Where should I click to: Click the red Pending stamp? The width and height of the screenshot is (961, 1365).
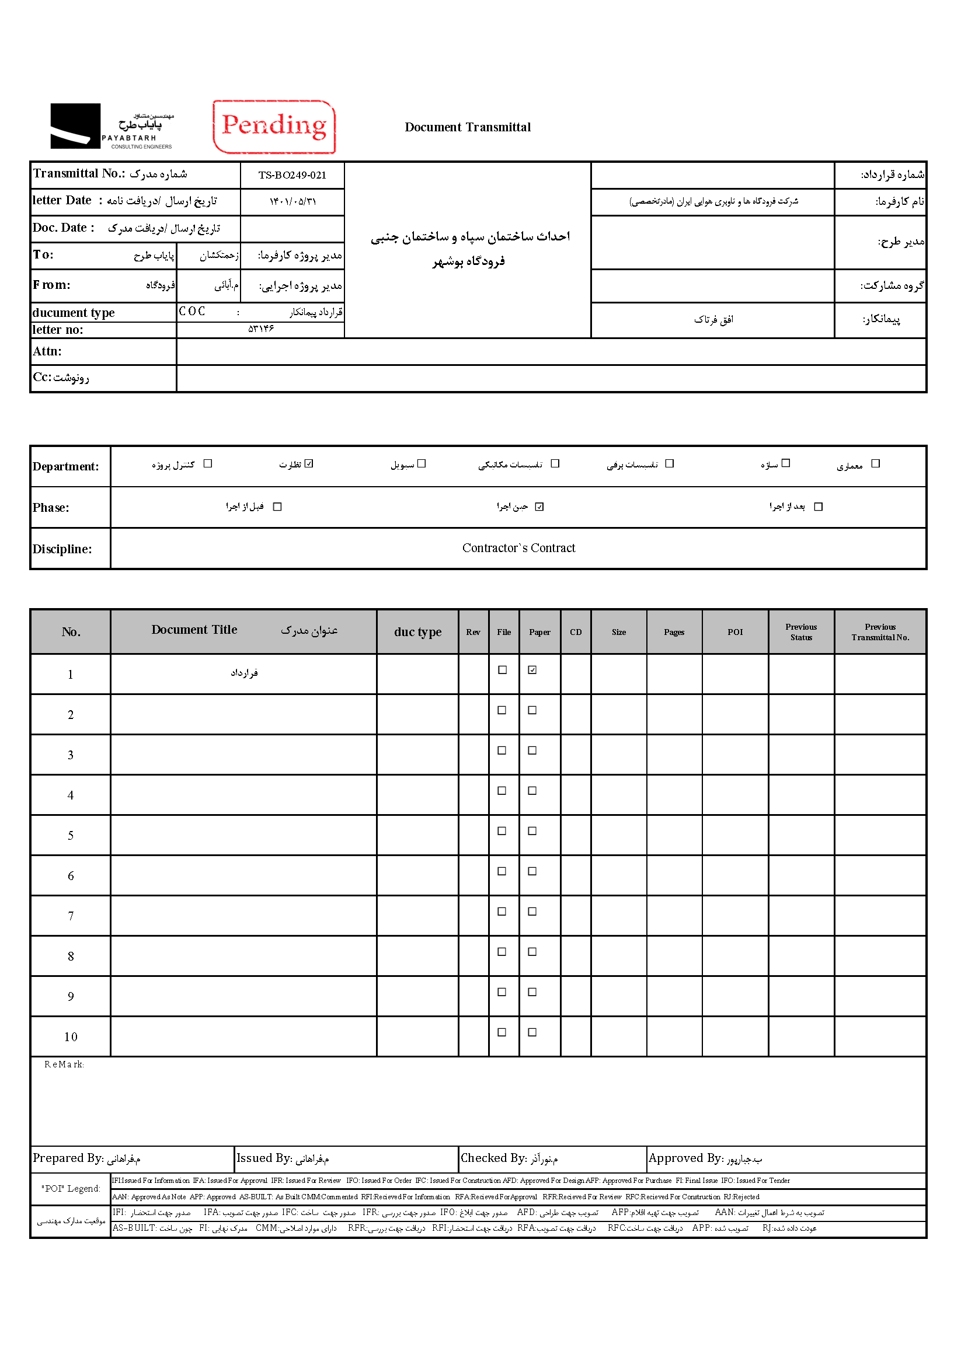(274, 127)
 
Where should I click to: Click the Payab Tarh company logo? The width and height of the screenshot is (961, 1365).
(112, 126)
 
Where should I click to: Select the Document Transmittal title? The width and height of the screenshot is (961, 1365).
(468, 127)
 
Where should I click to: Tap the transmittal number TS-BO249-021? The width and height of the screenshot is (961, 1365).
(292, 176)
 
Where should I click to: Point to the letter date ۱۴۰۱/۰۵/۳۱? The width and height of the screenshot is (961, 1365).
(292, 201)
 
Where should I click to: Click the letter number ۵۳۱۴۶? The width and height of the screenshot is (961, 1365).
(260, 329)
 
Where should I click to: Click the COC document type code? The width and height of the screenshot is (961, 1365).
(192, 312)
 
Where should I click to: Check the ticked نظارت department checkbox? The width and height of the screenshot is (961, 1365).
(309, 464)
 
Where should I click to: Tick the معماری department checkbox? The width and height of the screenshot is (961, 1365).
(875, 464)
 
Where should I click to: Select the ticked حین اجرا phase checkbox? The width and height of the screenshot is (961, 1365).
(539, 507)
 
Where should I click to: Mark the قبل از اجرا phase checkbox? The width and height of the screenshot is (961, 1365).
(277, 507)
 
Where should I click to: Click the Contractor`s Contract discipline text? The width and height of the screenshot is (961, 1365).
(518, 548)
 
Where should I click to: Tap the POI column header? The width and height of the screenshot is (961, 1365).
(735, 632)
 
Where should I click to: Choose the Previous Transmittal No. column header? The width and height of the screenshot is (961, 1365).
(879, 632)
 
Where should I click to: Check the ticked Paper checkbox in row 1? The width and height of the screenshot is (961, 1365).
(532, 670)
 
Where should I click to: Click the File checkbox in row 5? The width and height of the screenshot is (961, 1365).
(502, 831)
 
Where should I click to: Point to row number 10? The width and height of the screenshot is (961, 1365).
(71, 1038)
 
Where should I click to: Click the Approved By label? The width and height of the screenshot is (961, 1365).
(685, 1158)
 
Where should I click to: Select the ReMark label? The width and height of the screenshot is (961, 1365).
(64, 1064)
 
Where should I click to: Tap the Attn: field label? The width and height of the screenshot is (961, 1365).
(47, 351)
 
